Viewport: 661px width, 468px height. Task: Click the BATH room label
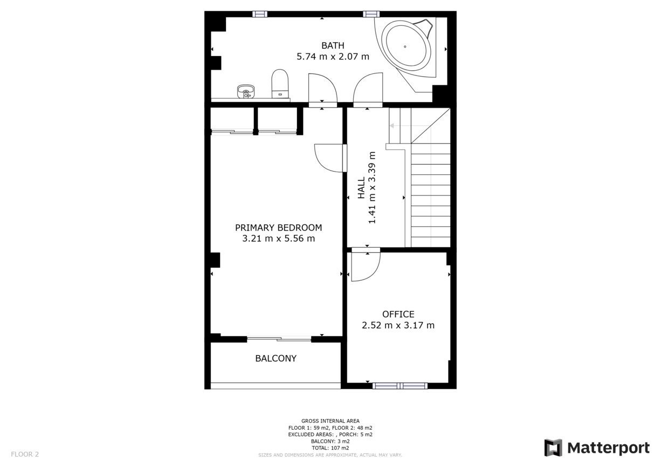click(x=333, y=45)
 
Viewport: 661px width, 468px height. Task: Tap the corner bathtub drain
click(x=405, y=46)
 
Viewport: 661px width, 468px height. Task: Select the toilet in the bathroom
click(x=280, y=84)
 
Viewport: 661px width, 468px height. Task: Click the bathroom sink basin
click(x=246, y=91)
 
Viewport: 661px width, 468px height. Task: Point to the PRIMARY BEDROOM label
click(x=278, y=227)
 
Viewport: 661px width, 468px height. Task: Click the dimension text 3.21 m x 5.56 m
click(x=279, y=238)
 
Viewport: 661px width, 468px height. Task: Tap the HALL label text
click(x=361, y=188)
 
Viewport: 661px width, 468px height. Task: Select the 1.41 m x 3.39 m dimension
click(x=372, y=188)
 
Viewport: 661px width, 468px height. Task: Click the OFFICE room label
click(x=398, y=314)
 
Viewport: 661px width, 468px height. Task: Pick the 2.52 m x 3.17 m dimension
click(x=398, y=325)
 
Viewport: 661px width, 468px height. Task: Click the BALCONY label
click(x=276, y=358)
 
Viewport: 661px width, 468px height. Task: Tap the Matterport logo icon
click(x=553, y=447)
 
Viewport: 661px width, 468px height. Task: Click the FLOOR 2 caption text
click(x=25, y=454)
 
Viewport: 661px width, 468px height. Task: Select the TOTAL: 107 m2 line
click(x=330, y=448)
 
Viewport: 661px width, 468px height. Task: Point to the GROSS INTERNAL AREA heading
click(x=330, y=420)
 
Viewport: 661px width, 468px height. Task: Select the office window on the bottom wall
click(x=400, y=385)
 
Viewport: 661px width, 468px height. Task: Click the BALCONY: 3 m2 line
click(x=330, y=441)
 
